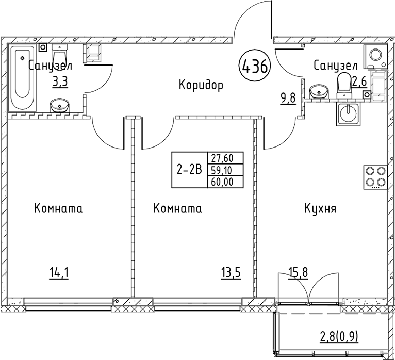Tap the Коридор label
point(201,85)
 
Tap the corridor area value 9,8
point(287,97)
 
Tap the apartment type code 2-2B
point(189,170)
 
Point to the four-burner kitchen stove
point(375,176)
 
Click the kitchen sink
point(349,113)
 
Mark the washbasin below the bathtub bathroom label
point(61,106)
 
